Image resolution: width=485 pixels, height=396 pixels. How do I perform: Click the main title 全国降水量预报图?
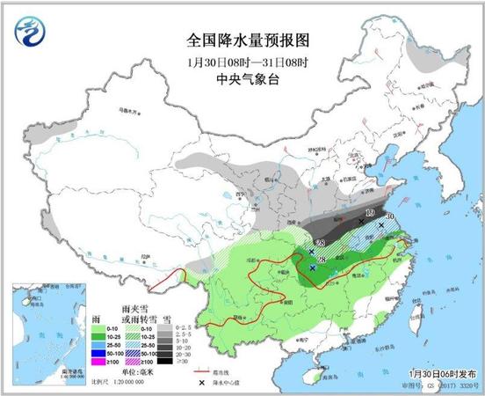[242, 40]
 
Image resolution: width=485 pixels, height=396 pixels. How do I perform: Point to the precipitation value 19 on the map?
[370, 213]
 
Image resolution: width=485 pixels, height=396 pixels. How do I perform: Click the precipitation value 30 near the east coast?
[389, 216]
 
